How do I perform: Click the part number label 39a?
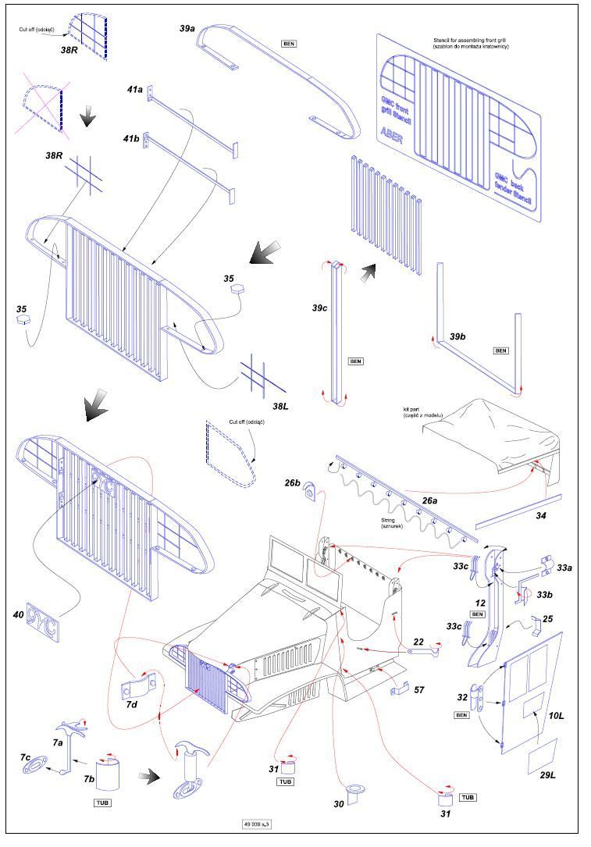187,28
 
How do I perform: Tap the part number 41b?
130,138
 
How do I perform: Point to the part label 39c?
319,308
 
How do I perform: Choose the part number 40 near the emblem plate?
18,615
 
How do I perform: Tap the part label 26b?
292,483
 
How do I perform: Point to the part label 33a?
564,568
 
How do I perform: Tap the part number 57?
419,690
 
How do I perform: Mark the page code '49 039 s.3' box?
258,823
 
